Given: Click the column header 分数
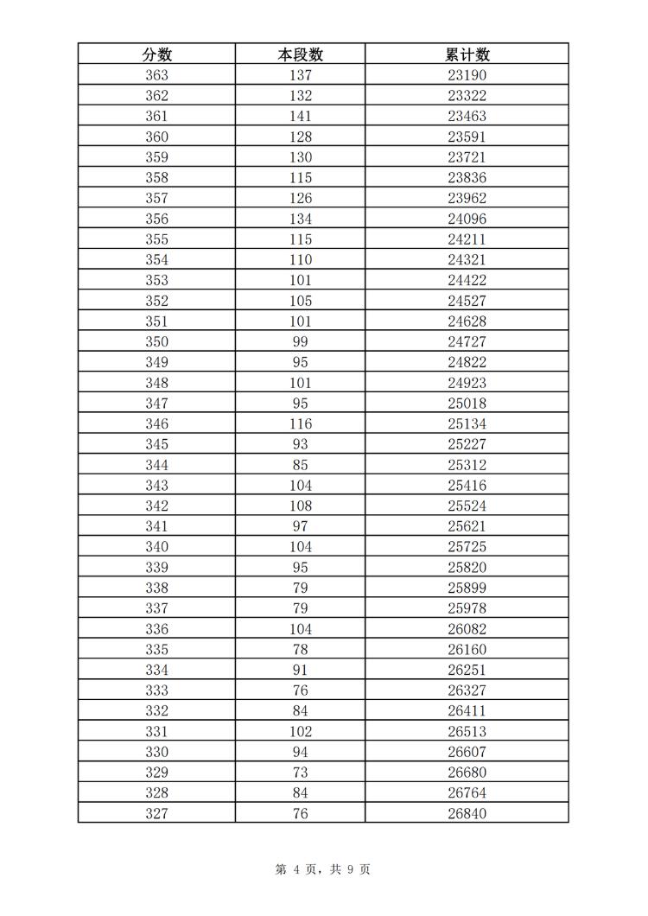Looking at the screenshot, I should pos(156,54).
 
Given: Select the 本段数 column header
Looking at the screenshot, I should pos(300,54).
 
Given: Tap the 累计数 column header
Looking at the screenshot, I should pos(467,54).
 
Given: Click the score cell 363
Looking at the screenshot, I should pos(156,75).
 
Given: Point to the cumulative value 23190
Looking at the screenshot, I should pos(467,75).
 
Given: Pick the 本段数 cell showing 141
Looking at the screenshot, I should pos(300,116).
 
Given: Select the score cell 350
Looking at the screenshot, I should pos(156,341).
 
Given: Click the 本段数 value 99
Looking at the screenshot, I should pos(300,341).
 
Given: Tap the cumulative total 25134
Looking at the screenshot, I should pos(467,423).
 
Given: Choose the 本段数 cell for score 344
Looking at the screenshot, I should pos(300,465).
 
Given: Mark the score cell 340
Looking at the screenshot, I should pos(156,547).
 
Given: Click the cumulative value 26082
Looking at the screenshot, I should pos(467,629).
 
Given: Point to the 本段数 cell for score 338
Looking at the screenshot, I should pos(300,588).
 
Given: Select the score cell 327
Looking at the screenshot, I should pos(156,813).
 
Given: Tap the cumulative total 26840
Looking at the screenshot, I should pos(467,813).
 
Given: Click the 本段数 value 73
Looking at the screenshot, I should pos(300,773).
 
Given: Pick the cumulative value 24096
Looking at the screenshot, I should pos(467,219).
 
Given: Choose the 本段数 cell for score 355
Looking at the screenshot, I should pos(300,239).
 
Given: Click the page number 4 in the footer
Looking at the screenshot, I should pos(295,870).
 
